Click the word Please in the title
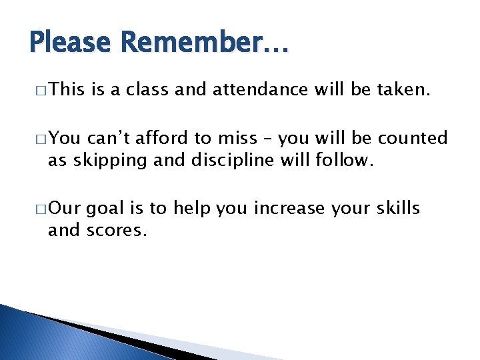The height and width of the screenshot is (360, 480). pyautogui.click(x=71, y=44)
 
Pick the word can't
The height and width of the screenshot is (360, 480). pyautogui.click(x=109, y=139)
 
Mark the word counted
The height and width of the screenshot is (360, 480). pyautogui.click(x=412, y=139)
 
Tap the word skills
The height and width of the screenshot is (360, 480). pyautogui.click(x=397, y=209)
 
